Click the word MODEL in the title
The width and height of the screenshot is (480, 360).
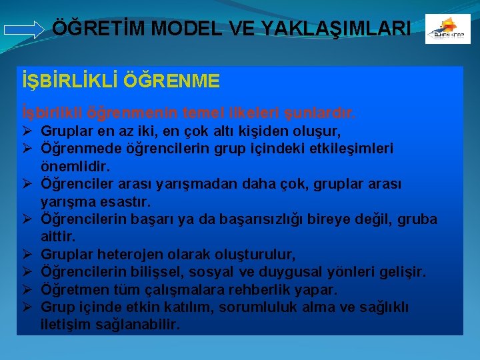[x=191, y=28]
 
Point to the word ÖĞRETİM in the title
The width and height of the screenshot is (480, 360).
[x=101, y=28]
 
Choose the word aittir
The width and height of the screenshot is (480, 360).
[x=58, y=237]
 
